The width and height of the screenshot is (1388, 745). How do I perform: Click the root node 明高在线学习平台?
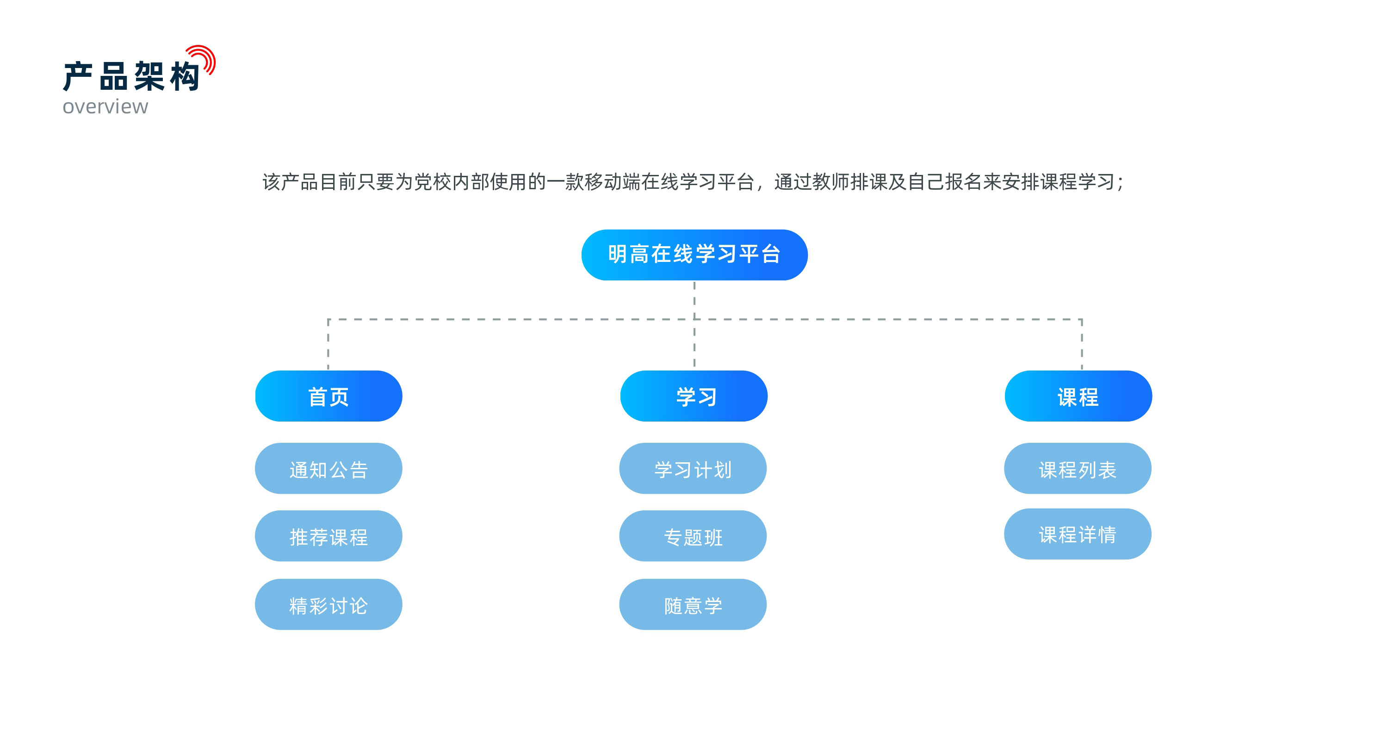point(694,255)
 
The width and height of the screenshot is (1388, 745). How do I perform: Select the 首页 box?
point(328,396)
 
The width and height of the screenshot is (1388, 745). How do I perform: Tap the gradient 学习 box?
point(694,396)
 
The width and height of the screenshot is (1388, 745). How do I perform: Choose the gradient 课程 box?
point(1078,396)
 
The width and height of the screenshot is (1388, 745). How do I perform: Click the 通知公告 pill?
point(328,468)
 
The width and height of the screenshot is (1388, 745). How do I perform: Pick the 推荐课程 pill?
point(328,536)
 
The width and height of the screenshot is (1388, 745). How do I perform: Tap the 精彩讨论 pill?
point(328,604)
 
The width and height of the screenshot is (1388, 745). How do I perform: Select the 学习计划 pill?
point(693,468)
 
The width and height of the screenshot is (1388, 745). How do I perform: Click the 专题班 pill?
point(693,536)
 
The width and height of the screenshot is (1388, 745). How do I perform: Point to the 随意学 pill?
point(693,604)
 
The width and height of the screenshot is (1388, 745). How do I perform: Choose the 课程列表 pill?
point(1078,468)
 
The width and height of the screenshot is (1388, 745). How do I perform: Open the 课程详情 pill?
point(1078,534)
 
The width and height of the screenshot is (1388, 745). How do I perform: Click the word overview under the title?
point(105,107)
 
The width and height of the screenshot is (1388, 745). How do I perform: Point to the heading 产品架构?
point(131,76)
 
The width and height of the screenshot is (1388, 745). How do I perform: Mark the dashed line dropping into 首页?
point(328,344)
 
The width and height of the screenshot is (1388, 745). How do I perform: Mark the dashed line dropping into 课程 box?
point(1081,344)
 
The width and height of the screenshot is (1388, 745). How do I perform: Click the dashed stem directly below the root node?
point(694,300)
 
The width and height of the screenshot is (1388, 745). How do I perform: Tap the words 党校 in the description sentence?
point(433,182)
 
